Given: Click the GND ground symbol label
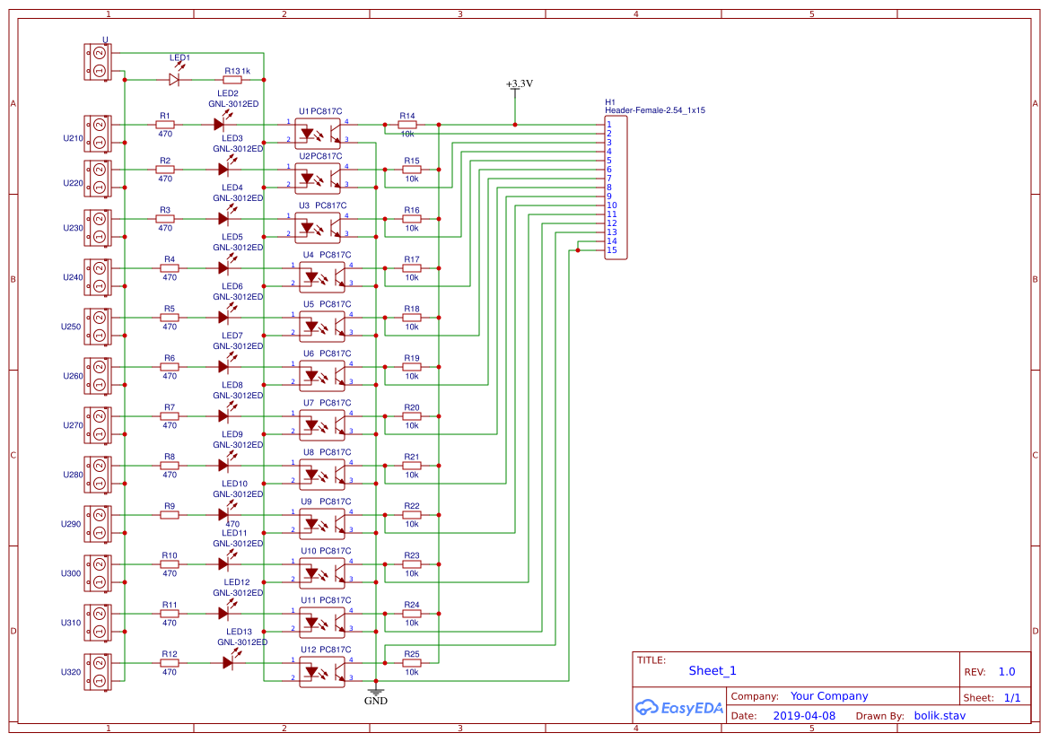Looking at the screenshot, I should click(375, 701).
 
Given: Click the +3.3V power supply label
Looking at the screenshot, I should click(519, 84).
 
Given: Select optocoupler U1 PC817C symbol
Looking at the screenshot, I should click(319, 132).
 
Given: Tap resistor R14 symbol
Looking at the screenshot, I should click(407, 125).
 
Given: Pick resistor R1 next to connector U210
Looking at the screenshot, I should click(164, 125).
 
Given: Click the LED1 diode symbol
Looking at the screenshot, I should click(175, 79).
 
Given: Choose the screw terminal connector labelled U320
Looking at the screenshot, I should click(98, 672).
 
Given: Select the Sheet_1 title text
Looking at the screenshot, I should click(712, 670).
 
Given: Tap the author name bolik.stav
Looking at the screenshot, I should click(940, 716).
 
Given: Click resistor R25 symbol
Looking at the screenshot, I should click(411, 663).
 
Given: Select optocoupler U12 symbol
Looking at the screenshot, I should click(321, 671).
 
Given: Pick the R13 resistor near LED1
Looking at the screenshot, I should click(232, 79).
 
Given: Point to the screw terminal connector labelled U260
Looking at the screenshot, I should click(98, 376).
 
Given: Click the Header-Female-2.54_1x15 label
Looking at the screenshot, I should click(654, 110).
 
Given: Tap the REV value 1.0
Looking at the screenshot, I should click(1007, 672).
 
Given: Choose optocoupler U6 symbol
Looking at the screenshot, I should click(321, 375).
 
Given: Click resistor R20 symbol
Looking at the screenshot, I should click(411, 416).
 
